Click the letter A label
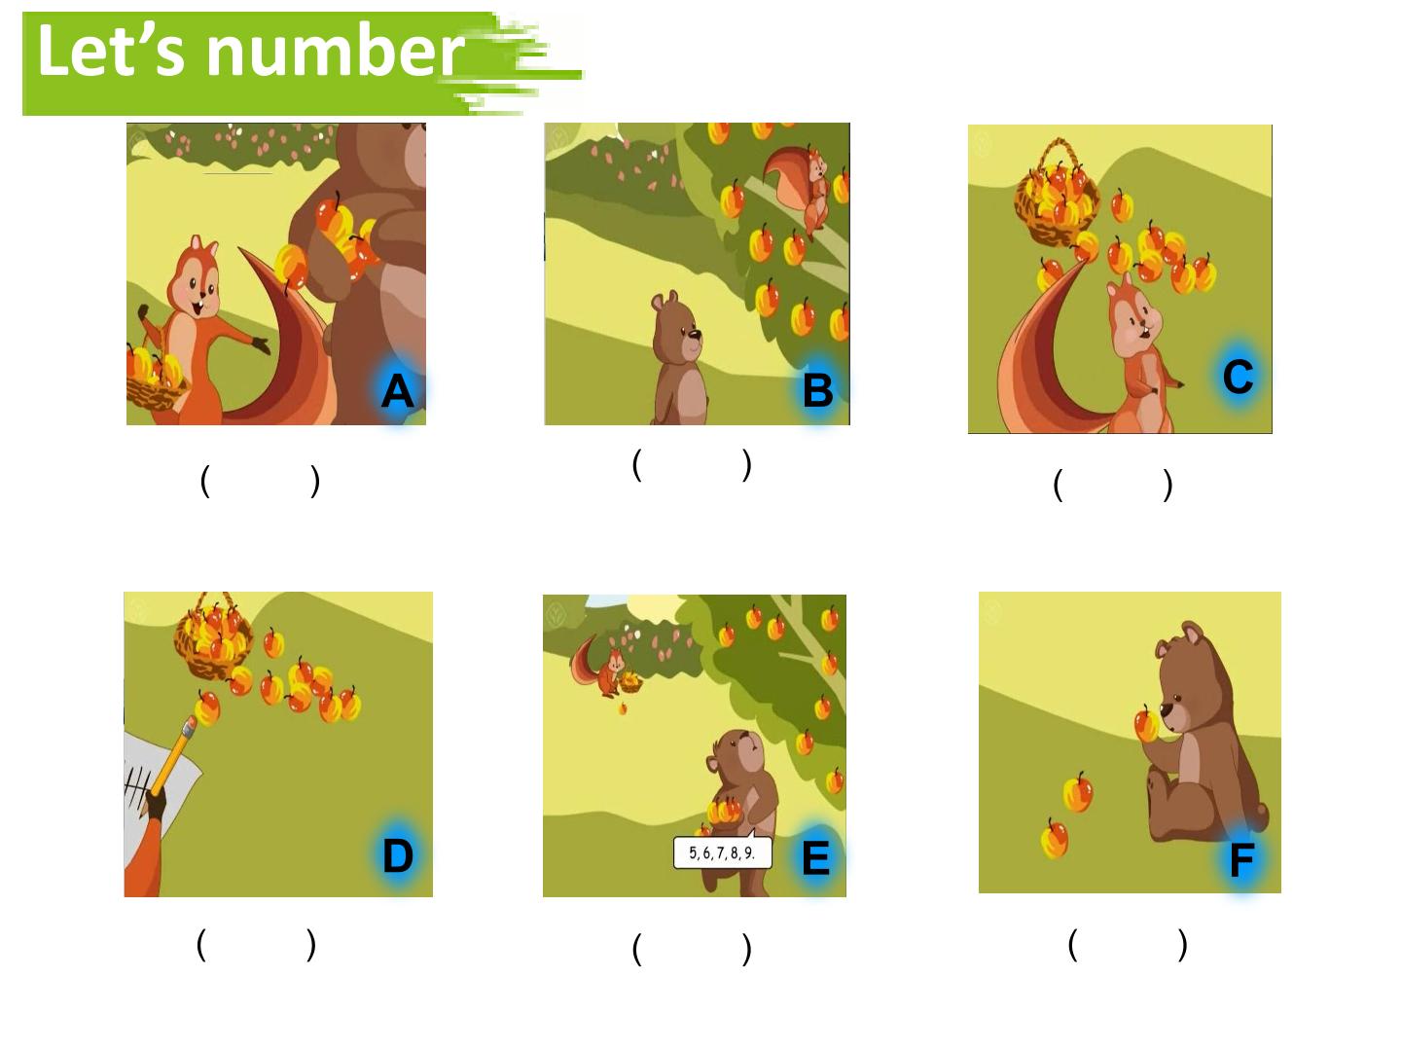point(396,390)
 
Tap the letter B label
point(817,390)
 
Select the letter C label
point(1238,377)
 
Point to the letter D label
point(398,855)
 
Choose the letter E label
point(815,857)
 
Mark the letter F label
point(1242,860)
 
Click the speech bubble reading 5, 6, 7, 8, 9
point(723,852)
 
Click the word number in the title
point(336,51)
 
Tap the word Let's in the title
point(111,49)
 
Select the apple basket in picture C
point(1057,194)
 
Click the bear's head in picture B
point(676,325)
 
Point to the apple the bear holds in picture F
point(1147,724)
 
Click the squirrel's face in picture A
point(195,281)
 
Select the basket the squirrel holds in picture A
point(156,377)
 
